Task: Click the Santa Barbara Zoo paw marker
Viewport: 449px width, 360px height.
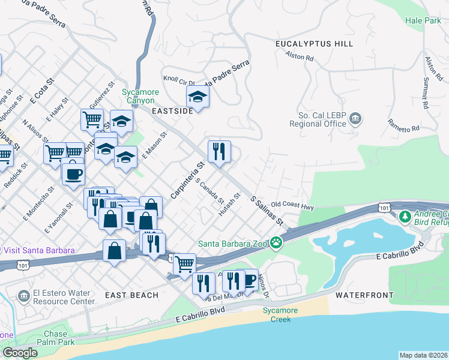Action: [276, 243]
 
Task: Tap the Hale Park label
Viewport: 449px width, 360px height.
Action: [423, 20]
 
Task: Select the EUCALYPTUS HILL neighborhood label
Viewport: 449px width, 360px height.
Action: [314, 44]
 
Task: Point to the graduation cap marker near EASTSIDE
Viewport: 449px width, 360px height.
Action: [197, 96]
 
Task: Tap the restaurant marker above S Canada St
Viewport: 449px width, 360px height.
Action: [219, 151]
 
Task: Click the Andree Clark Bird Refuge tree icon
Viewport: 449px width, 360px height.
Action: [405, 215]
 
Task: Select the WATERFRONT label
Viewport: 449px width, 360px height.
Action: [364, 295]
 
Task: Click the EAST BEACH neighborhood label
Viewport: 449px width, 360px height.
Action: [131, 295]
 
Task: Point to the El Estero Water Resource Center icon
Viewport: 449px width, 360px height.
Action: [23, 296]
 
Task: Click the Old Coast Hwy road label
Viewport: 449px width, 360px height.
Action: [292, 205]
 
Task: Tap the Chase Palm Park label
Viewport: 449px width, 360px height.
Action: [55, 338]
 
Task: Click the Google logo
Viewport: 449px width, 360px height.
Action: [20, 353]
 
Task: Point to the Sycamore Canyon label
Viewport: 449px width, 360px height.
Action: [139, 96]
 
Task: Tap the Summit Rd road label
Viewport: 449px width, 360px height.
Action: [424, 96]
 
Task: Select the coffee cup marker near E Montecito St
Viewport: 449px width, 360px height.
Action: [73, 173]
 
